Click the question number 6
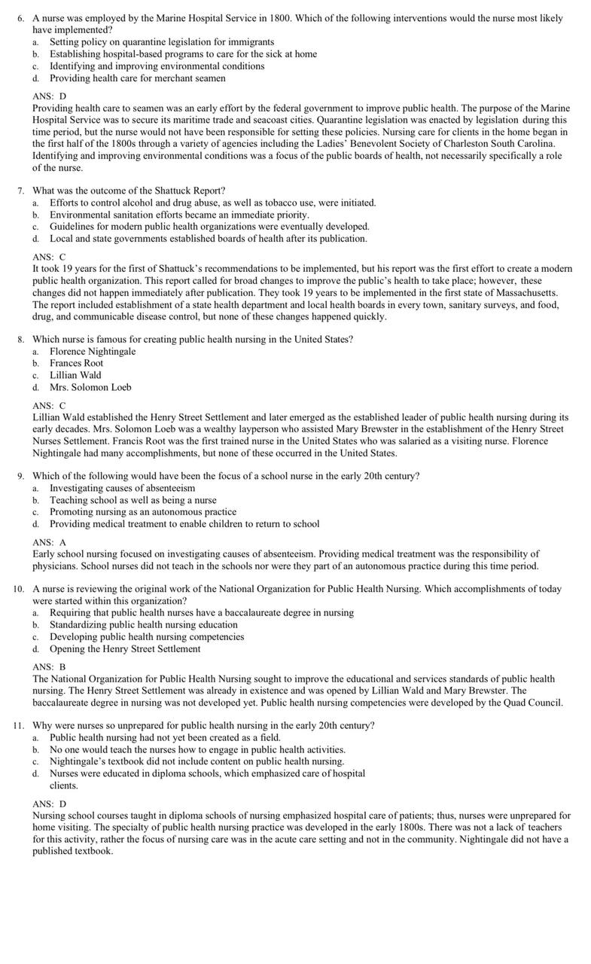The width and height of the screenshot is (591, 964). (20, 18)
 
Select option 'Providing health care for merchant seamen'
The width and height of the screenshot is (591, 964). (137, 78)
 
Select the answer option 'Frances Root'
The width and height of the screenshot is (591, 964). (76, 363)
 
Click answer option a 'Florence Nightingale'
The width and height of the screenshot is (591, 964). (93, 351)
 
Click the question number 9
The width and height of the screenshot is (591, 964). (20, 476)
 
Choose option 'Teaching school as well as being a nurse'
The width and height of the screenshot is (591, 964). (133, 500)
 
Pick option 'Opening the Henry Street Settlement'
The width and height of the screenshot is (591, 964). (125, 648)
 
